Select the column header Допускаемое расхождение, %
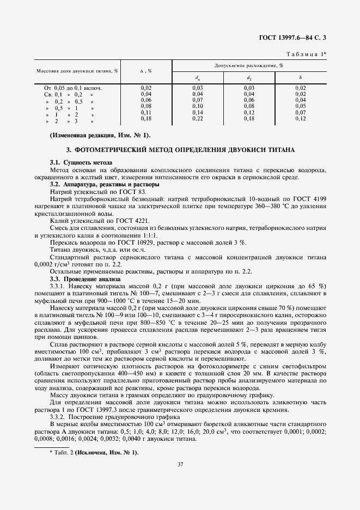coord(249,65)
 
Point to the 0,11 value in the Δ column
coord(146,112)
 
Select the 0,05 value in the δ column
coord(301,106)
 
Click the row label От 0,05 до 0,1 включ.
coord(73,88)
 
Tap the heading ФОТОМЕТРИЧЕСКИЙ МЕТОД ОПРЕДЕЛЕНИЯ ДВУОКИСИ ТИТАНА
coord(180,149)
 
